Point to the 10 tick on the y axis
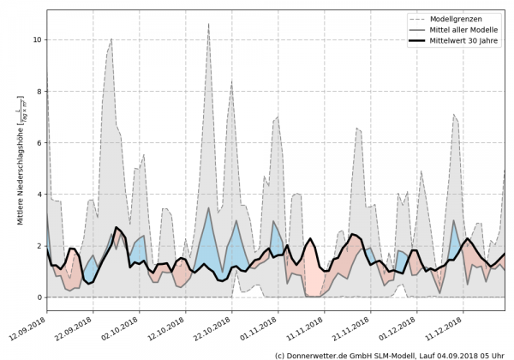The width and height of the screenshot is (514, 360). click(x=37, y=39)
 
